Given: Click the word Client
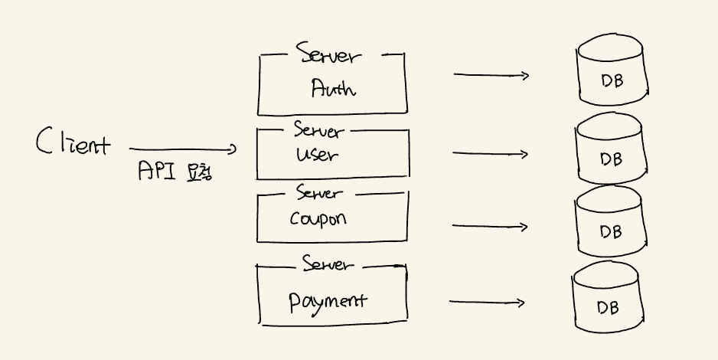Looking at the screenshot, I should pyautogui.click(x=73, y=143).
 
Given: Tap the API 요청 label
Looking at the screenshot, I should pyautogui.click(x=175, y=171).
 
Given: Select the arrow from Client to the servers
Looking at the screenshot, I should pyautogui.click(x=183, y=149).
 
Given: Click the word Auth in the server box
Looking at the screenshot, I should pyautogui.click(x=333, y=89).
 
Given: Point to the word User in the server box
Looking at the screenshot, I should pyautogui.click(x=316, y=155).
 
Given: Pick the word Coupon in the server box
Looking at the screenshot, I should pyautogui.click(x=318, y=218).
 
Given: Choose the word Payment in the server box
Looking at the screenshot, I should pyautogui.click(x=328, y=299).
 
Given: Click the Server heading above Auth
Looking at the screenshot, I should pyautogui.click(x=329, y=57).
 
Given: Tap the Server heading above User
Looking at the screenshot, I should pyautogui.click(x=318, y=130).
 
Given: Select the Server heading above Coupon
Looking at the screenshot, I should pyautogui.click(x=319, y=193).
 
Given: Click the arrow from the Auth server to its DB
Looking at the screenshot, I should pyautogui.click(x=491, y=75).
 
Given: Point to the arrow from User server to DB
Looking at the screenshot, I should pyautogui.click(x=490, y=154).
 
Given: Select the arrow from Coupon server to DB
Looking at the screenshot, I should pyautogui.click(x=490, y=227).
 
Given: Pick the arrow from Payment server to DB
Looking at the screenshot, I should pyautogui.click(x=487, y=302).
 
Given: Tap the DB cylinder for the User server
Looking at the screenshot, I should pyautogui.click(x=611, y=153).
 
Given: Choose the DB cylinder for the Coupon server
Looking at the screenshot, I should pyautogui.click(x=611, y=224).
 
